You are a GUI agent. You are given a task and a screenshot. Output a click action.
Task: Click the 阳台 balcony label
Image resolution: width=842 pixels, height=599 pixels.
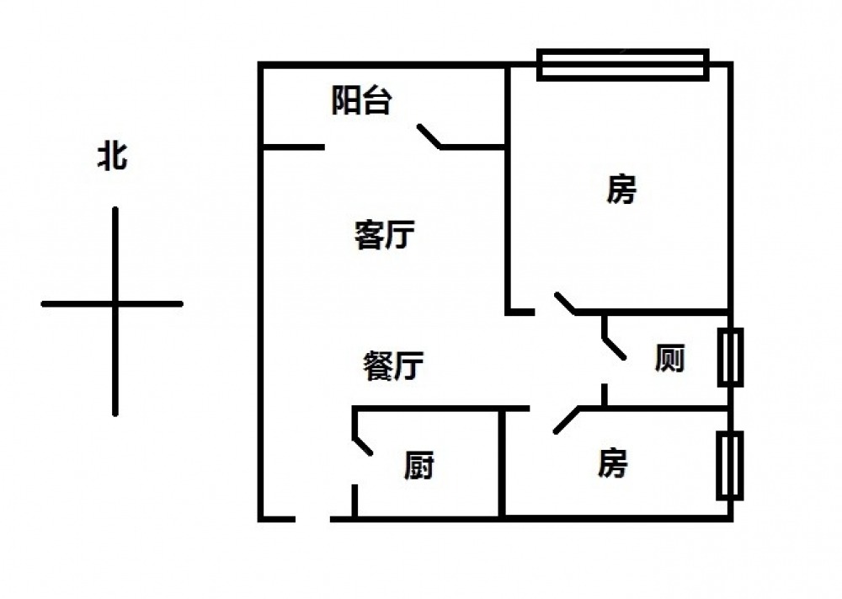tap(361, 100)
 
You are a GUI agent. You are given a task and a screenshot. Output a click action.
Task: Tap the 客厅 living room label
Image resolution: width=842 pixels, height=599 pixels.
tap(384, 234)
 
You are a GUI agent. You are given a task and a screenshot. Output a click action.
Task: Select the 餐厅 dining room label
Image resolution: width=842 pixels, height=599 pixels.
tap(393, 366)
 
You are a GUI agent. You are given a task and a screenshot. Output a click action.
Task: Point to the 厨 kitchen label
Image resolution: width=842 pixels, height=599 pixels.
tap(419, 465)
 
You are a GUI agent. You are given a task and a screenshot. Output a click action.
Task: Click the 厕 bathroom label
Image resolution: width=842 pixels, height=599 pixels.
tap(669, 358)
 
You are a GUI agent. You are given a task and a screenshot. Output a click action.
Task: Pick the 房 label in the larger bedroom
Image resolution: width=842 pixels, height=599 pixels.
tap(621, 189)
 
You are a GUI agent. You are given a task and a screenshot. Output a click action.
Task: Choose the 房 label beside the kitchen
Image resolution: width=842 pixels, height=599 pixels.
tap(612, 463)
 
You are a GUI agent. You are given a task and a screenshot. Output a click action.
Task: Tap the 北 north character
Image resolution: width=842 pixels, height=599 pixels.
tap(112, 157)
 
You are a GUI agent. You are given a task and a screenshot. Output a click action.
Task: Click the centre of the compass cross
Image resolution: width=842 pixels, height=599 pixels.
tap(115, 304)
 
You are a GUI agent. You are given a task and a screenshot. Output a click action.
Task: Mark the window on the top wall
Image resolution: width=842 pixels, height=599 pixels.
tap(623, 65)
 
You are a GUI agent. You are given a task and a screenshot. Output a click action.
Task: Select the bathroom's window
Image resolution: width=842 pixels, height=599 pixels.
tap(730, 357)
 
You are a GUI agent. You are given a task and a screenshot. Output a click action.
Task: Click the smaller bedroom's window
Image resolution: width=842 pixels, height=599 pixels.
tap(730, 465)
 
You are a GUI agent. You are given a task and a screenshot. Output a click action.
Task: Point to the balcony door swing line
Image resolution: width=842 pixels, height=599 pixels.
tap(429, 136)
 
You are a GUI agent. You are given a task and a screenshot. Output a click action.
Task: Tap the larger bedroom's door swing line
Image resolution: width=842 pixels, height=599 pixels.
tap(565, 303)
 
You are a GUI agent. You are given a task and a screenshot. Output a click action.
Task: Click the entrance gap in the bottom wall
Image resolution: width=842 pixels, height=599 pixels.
tap(312, 519)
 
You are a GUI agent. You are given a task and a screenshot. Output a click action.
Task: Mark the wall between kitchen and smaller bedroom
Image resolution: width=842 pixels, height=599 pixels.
tap(502, 463)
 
